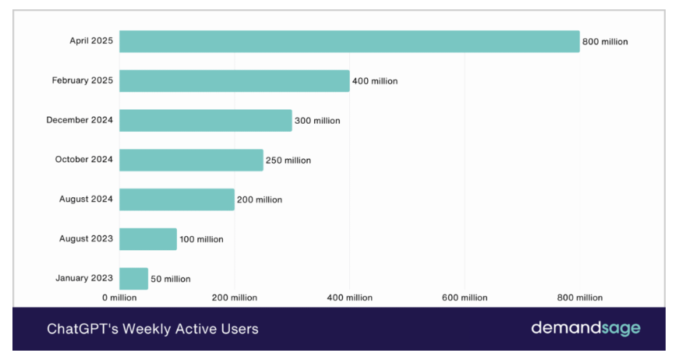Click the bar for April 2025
[349, 41]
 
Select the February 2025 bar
[234, 81]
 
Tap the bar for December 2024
[205, 120]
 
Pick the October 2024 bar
[191, 160]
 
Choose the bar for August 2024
[176, 199]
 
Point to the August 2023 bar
[148, 239]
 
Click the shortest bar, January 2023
[133, 278]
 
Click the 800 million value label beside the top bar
[605, 42]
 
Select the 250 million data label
[288, 161]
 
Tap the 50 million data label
[170, 279]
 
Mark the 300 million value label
[317, 121]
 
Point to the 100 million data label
[201, 239]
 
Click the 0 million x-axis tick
[119, 298]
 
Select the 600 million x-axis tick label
[465, 298]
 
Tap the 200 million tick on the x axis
[235, 298]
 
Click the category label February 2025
[83, 80]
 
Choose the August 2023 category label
[86, 238]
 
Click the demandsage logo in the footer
[585, 328]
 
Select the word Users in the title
[238, 329]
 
